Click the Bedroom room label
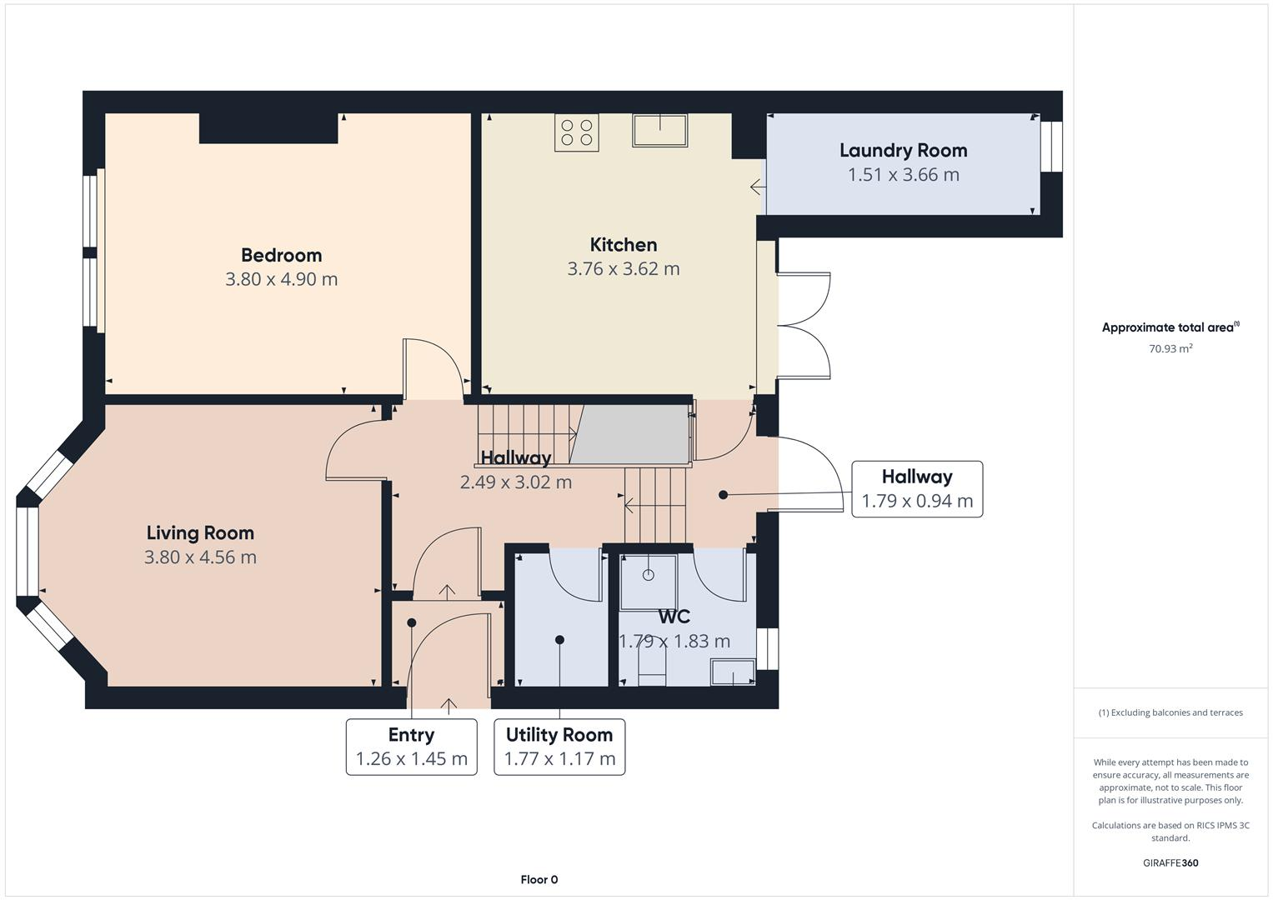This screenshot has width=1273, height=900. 281,255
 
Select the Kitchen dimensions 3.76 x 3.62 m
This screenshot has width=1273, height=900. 623,269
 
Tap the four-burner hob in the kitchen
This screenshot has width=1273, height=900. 577,132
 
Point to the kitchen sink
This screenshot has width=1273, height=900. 659,131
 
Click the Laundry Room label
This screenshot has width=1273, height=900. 903,151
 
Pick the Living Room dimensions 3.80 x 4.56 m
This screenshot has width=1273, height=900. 200,557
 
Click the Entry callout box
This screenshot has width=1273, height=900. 411,747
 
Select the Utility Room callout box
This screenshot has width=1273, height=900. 559,747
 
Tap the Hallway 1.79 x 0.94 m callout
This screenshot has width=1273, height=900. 916,489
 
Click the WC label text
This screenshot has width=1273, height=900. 674,617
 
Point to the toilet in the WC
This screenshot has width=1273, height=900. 652,667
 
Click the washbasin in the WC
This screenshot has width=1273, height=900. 733,672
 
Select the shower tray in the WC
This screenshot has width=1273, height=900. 649,578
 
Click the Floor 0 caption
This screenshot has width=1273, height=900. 539,879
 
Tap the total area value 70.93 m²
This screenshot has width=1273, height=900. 1170,349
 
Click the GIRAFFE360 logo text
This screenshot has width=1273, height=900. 1170,862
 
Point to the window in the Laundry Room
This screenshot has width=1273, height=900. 1051,147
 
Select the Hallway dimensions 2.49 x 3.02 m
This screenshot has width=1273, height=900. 515,482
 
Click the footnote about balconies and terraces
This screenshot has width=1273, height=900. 1170,712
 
